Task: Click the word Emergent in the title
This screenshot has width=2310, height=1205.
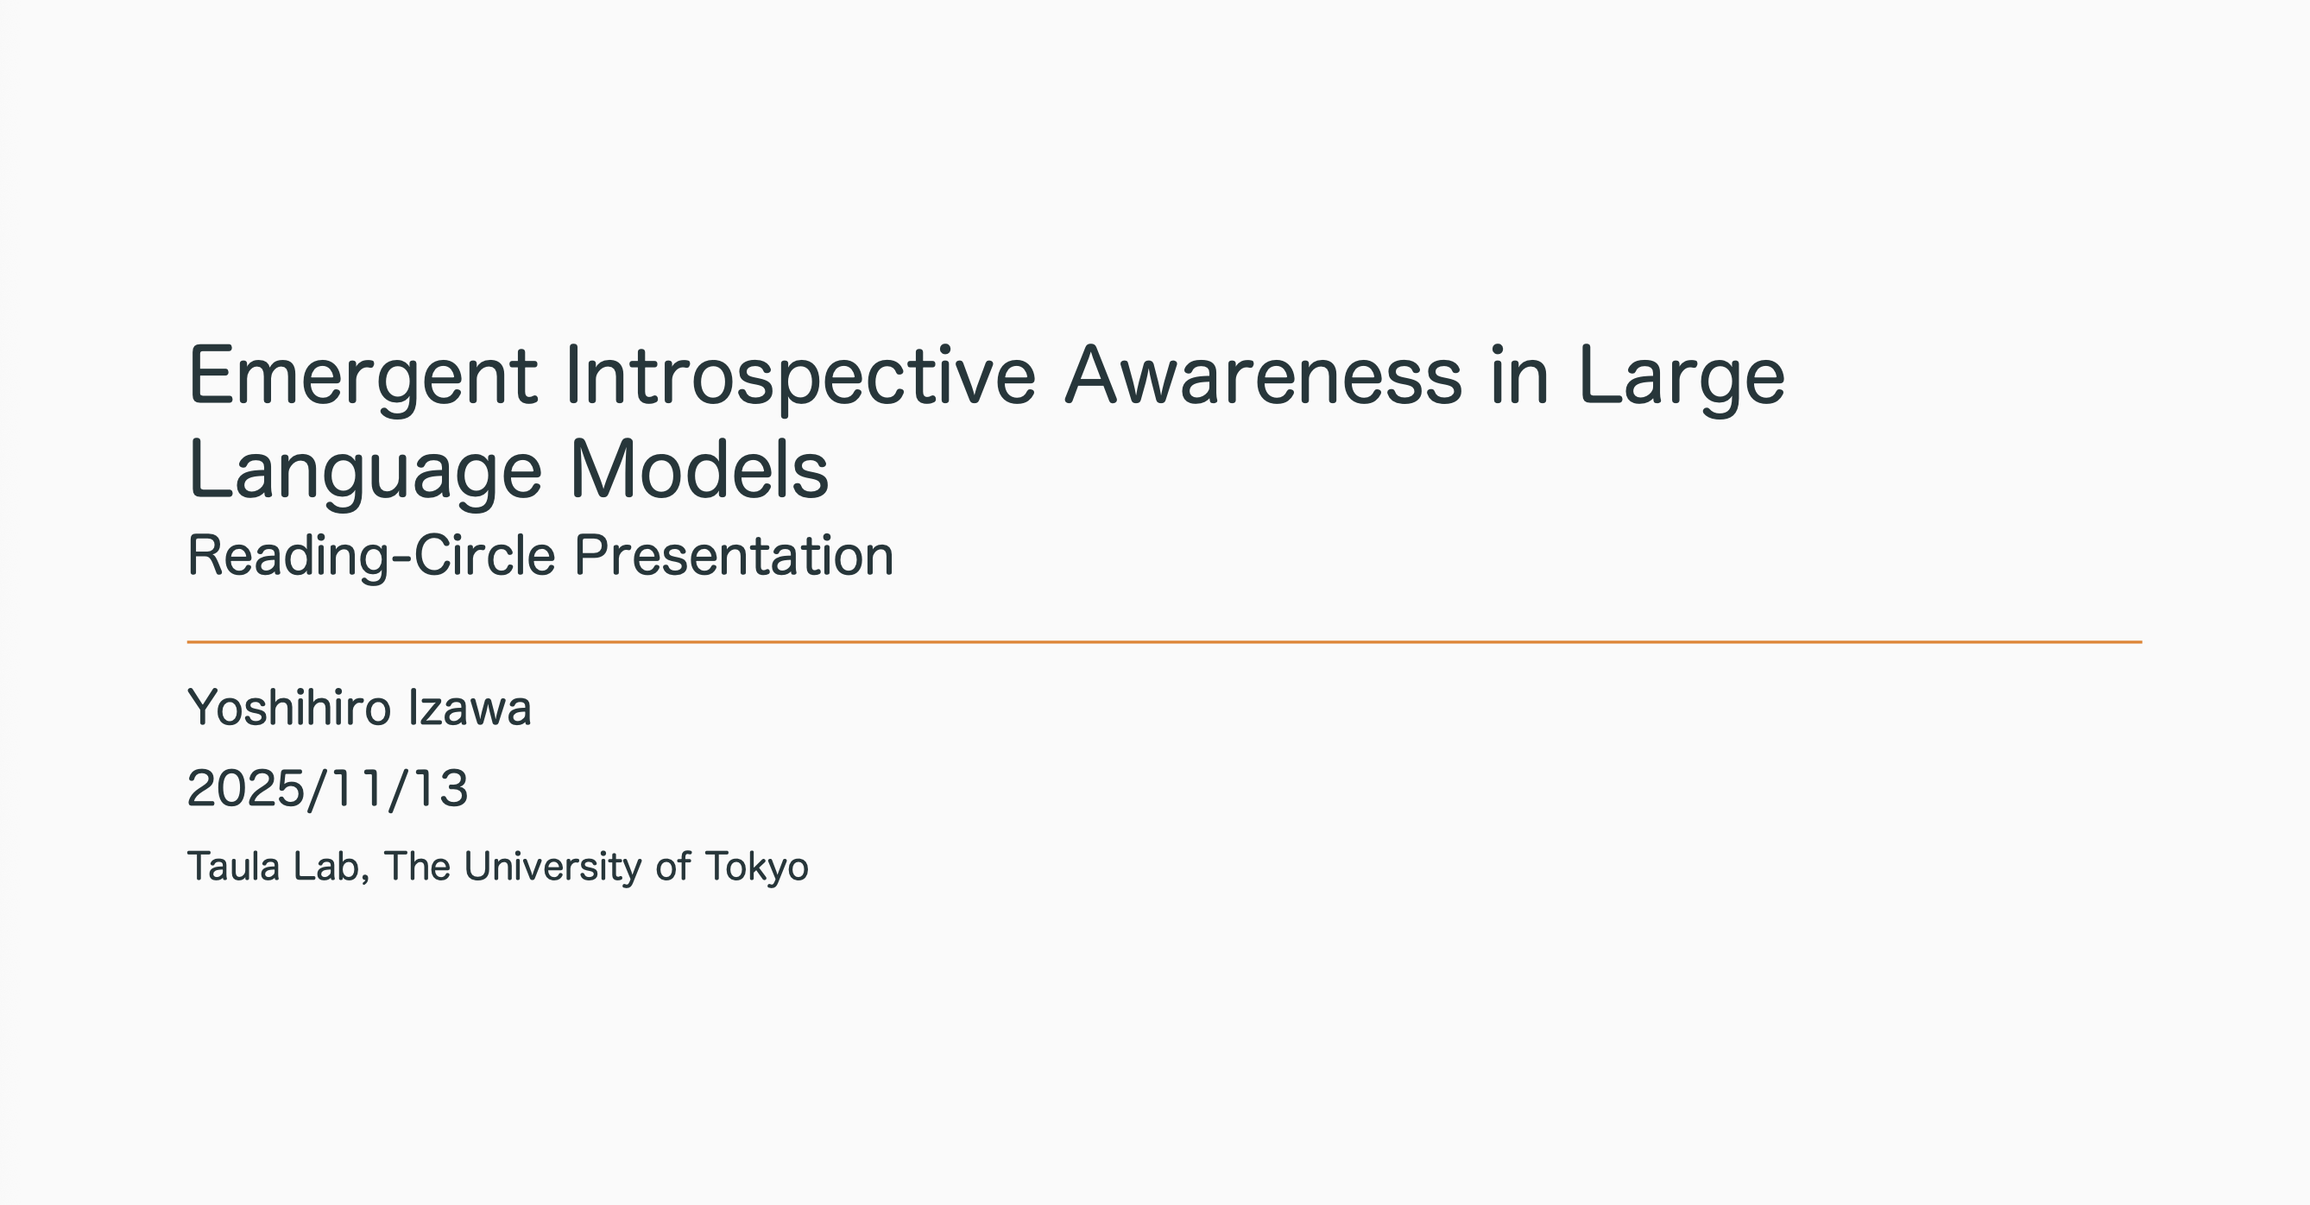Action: [x=363, y=377]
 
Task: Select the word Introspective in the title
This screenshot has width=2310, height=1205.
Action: [x=801, y=377]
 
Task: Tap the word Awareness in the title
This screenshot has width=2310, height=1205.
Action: [x=1264, y=375]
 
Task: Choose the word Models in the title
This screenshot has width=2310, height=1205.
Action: [x=699, y=470]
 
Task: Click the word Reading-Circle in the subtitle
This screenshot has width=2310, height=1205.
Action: [x=371, y=557]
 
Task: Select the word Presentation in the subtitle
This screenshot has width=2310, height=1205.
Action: [x=734, y=557]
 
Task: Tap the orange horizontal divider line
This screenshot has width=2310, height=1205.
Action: [x=1164, y=642]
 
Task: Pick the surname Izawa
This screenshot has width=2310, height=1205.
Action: [x=470, y=709]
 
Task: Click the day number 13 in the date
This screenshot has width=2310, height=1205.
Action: [x=439, y=789]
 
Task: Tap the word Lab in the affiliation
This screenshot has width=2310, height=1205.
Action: [x=331, y=867]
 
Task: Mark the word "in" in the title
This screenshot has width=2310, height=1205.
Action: [x=1520, y=375]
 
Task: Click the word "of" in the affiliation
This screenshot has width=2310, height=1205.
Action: [x=673, y=867]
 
